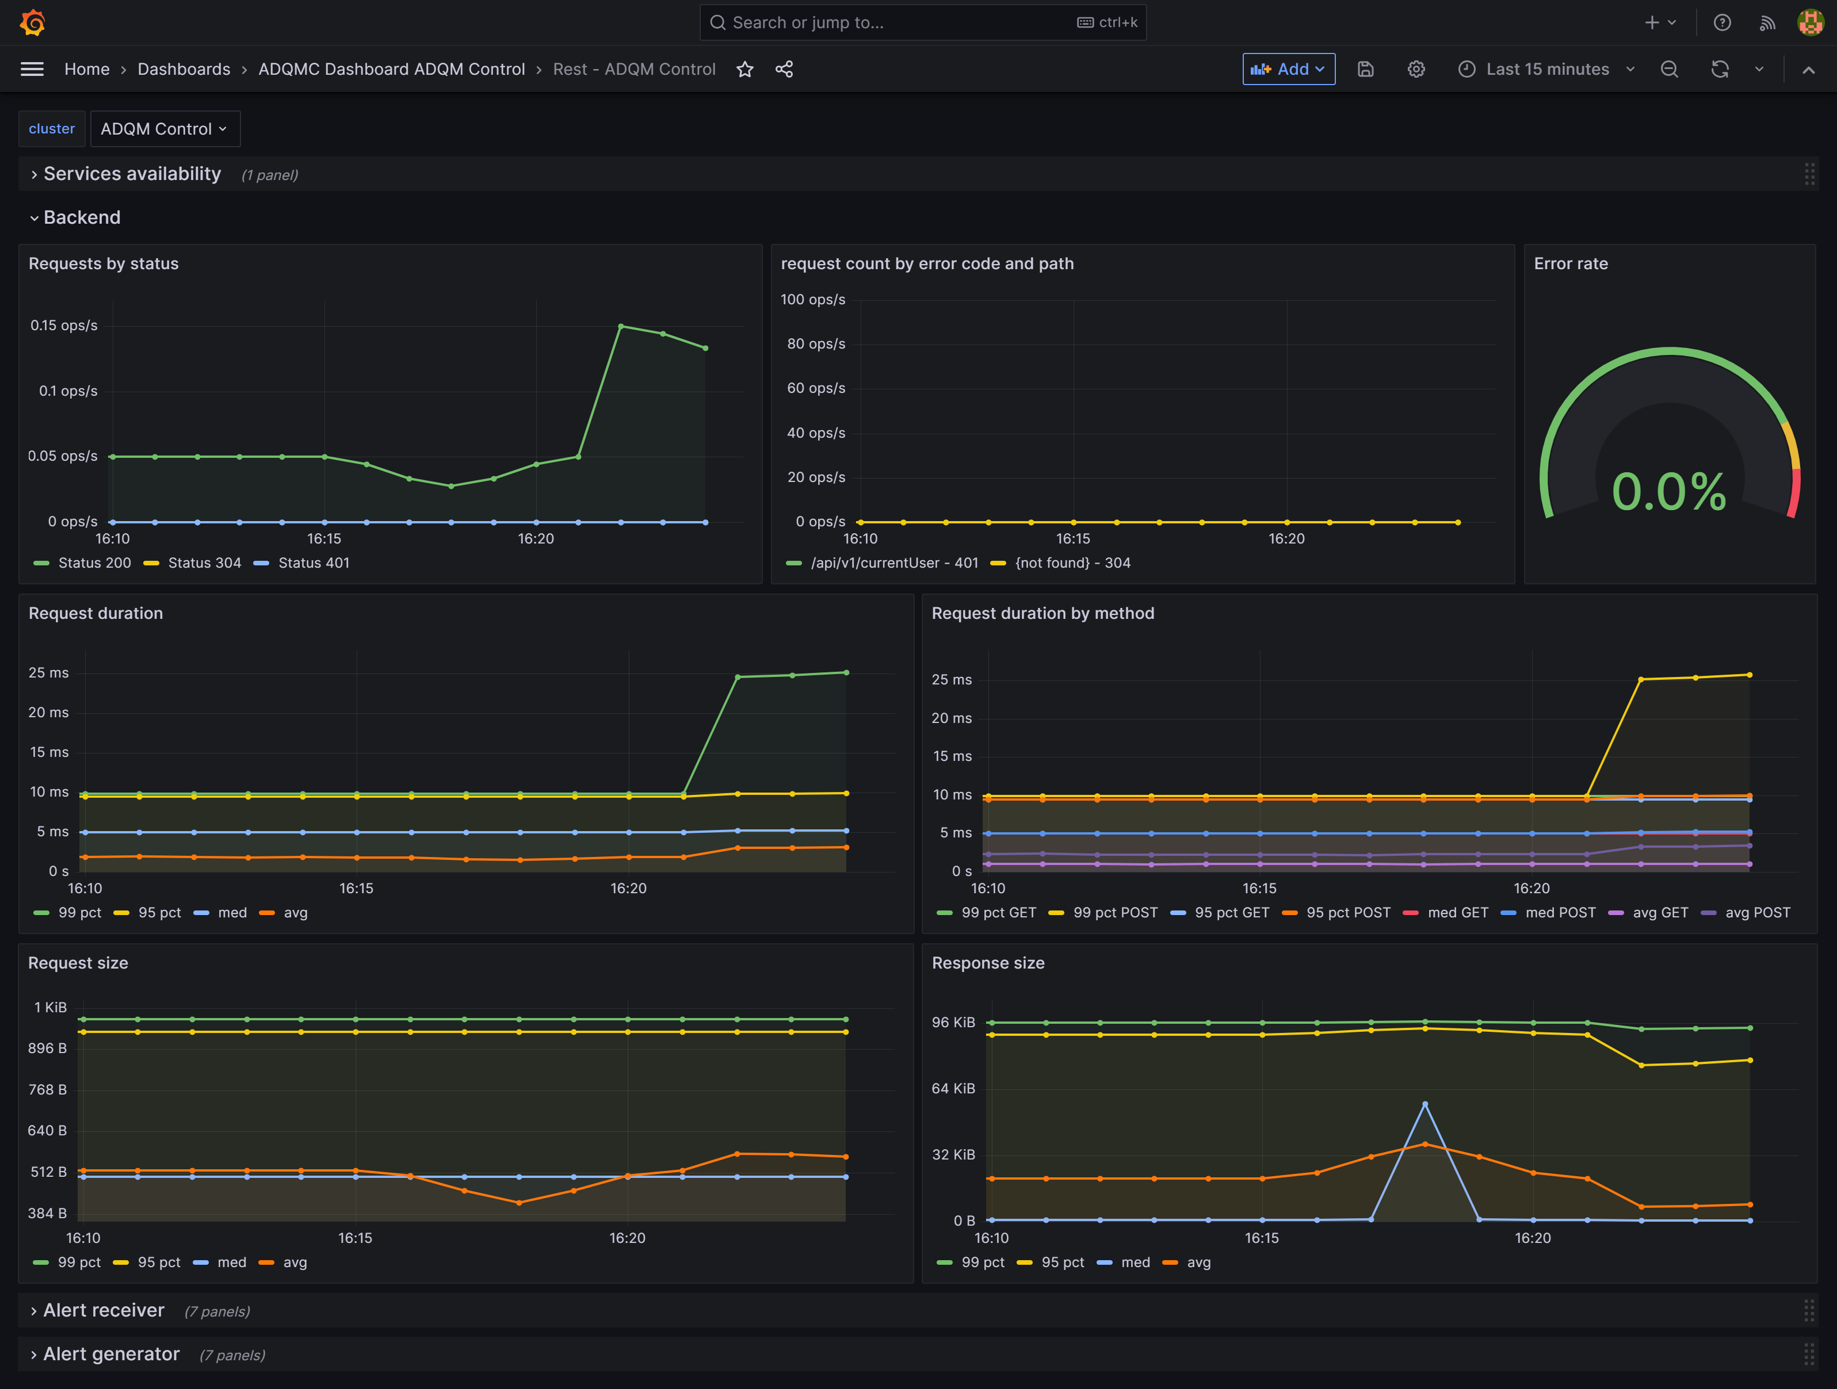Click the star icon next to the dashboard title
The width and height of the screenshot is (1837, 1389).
[745, 69]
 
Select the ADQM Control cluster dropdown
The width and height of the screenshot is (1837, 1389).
[163, 129]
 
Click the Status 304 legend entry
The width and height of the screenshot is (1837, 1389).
[204, 563]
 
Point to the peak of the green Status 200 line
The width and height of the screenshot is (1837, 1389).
[621, 326]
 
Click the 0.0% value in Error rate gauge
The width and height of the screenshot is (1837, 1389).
[1668, 492]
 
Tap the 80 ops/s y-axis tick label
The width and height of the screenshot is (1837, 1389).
[816, 344]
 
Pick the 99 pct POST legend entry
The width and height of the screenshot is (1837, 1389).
[1114, 912]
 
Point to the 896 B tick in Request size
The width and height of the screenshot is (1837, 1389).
[47, 1048]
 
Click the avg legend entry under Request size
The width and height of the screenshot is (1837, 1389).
[294, 1262]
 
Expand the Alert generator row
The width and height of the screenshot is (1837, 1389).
[110, 1354]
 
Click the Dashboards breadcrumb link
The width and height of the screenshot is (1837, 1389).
[184, 69]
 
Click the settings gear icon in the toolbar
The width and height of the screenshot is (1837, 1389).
[1416, 69]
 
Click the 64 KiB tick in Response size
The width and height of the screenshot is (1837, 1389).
[953, 1088]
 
